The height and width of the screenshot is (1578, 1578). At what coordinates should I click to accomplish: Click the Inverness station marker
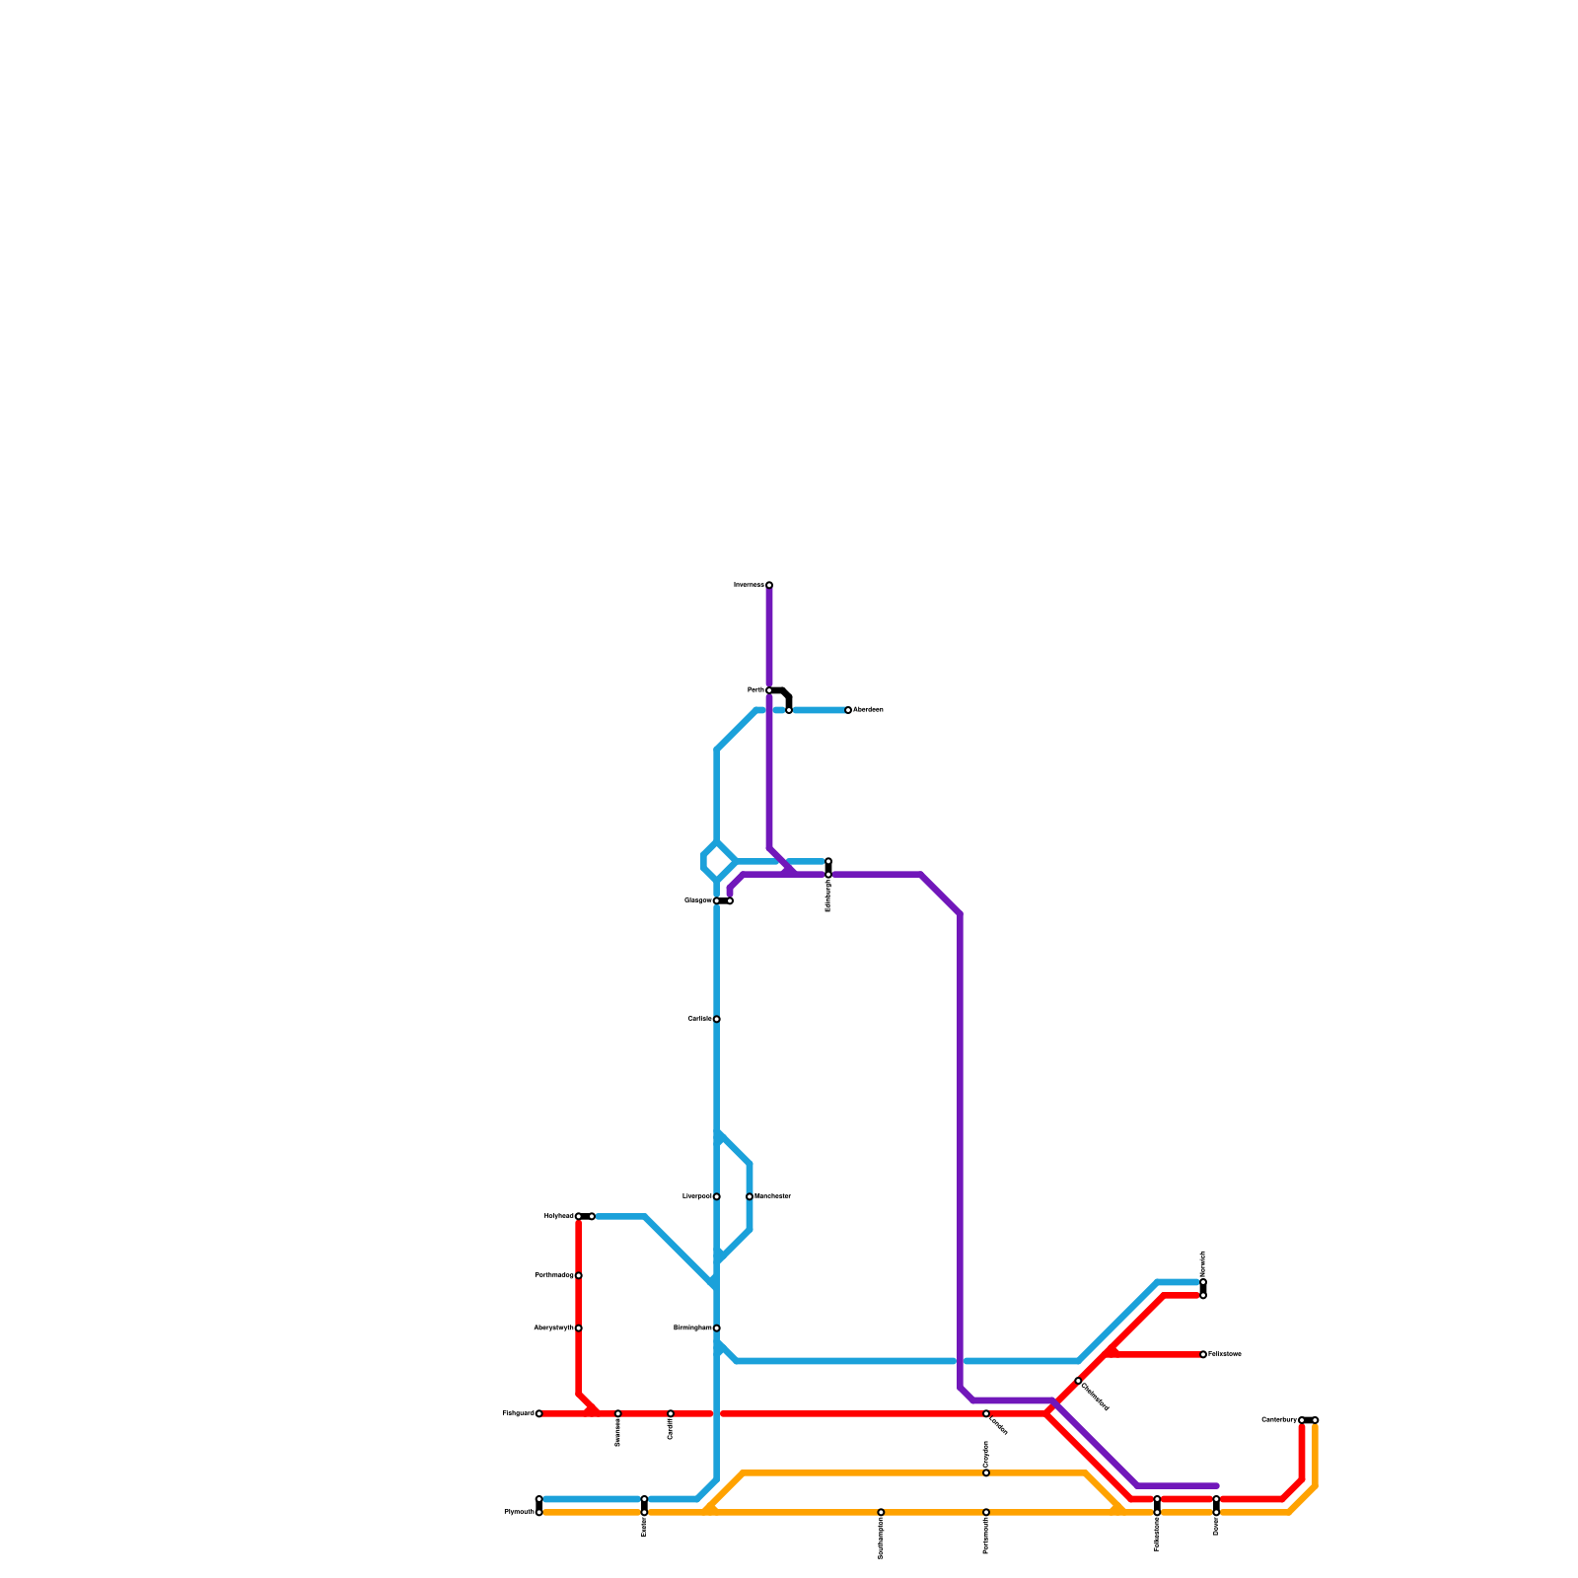click(x=769, y=585)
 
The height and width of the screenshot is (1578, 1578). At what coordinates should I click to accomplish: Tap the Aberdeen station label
click(x=868, y=710)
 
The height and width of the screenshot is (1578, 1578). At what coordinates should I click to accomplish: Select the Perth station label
click(x=755, y=690)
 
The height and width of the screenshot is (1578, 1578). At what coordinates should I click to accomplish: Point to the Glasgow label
click(x=698, y=900)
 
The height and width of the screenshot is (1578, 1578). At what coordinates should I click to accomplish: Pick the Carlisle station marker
click(x=717, y=1019)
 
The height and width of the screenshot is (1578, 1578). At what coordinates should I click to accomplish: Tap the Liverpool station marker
click(x=717, y=1196)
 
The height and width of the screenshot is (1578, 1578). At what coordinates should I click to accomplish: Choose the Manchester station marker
click(x=750, y=1196)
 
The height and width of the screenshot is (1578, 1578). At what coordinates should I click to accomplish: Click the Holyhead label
click(x=559, y=1216)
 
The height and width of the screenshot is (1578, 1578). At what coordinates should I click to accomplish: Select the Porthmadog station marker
click(x=579, y=1275)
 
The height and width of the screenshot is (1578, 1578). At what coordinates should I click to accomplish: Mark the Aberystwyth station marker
click(x=579, y=1328)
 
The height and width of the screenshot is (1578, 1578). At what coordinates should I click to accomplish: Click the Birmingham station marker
click(x=717, y=1328)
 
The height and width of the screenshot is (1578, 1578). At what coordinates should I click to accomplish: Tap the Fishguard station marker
click(x=539, y=1413)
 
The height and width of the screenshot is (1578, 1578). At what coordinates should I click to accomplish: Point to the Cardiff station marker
click(x=671, y=1413)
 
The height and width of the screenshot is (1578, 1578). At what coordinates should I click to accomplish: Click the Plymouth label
click(x=519, y=1512)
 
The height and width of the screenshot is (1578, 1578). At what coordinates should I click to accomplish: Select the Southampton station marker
click(x=881, y=1512)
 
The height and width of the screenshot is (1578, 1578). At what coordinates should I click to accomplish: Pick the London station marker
click(x=986, y=1413)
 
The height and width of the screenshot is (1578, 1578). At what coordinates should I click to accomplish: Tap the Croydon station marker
click(x=986, y=1472)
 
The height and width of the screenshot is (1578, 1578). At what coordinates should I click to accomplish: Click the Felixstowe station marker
click(x=1203, y=1354)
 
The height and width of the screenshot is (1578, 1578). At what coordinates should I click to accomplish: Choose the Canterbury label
click(x=1279, y=1420)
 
